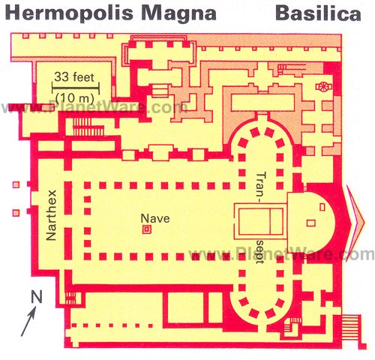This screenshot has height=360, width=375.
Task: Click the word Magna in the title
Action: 178,13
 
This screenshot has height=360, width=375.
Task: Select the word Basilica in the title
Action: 318,13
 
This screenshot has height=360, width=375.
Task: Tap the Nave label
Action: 155,218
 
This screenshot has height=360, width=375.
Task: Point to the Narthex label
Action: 52,215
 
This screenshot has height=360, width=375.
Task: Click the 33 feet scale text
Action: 74,76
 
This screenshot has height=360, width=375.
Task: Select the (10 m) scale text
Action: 75,98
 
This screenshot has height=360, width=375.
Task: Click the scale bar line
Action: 76,88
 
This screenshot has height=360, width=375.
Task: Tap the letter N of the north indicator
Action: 37,296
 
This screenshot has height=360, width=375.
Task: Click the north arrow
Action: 28,322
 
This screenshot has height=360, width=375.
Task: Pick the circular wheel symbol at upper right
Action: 324,87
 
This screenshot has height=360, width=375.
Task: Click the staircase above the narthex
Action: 88,127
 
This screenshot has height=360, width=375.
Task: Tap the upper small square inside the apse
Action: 322,207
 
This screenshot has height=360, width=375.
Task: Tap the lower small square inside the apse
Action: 310,223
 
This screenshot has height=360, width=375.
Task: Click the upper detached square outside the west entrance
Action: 16,184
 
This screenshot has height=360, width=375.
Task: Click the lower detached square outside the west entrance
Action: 16,213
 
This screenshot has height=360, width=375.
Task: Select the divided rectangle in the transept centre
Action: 260,220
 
